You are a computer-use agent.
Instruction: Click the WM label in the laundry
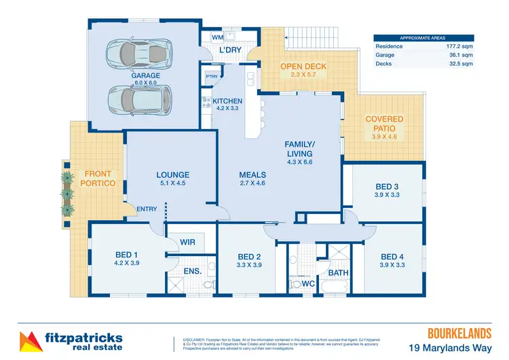(217, 37)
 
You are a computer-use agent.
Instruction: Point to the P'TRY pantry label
(211, 77)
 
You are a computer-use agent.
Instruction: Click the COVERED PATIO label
(384, 124)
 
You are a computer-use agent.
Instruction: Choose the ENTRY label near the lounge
(147, 209)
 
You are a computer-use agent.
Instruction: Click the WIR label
(188, 240)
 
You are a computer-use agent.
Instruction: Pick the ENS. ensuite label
(193, 271)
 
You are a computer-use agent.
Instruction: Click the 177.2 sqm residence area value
(455, 46)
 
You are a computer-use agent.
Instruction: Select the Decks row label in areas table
(385, 64)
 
